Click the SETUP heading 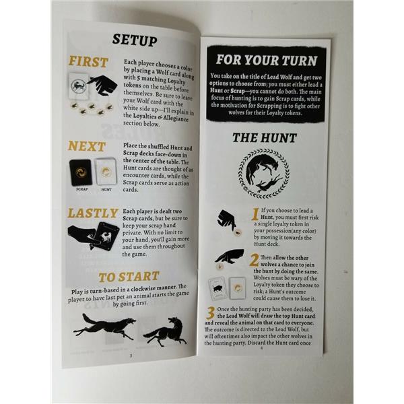pyautogui.click(x=135, y=40)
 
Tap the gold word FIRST pyautogui.click(x=88, y=62)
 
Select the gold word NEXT pyautogui.click(x=87, y=146)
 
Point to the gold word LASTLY pyautogui.click(x=93, y=213)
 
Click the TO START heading pyautogui.click(x=129, y=277)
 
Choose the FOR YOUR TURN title pyautogui.click(x=267, y=61)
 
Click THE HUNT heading pyautogui.click(x=265, y=138)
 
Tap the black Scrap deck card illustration pyautogui.click(x=81, y=172)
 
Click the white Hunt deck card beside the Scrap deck pyautogui.click(x=106, y=172)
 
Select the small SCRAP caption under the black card pyautogui.click(x=82, y=189)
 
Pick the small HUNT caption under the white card pyautogui.click(x=106, y=190)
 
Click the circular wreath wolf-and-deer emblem pyautogui.click(x=263, y=174)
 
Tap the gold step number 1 pyautogui.click(x=255, y=214)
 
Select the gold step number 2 pyautogui.click(x=254, y=260)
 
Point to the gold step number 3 pyautogui.click(x=211, y=313)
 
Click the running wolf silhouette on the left pyautogui.click(x=104, y=326)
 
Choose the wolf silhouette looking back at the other pyautogui.click(x=165, y=332)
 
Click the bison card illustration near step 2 pyautogui.click(x=217, y=289)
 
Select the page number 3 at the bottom pyautogui.click(x=131, y=356)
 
